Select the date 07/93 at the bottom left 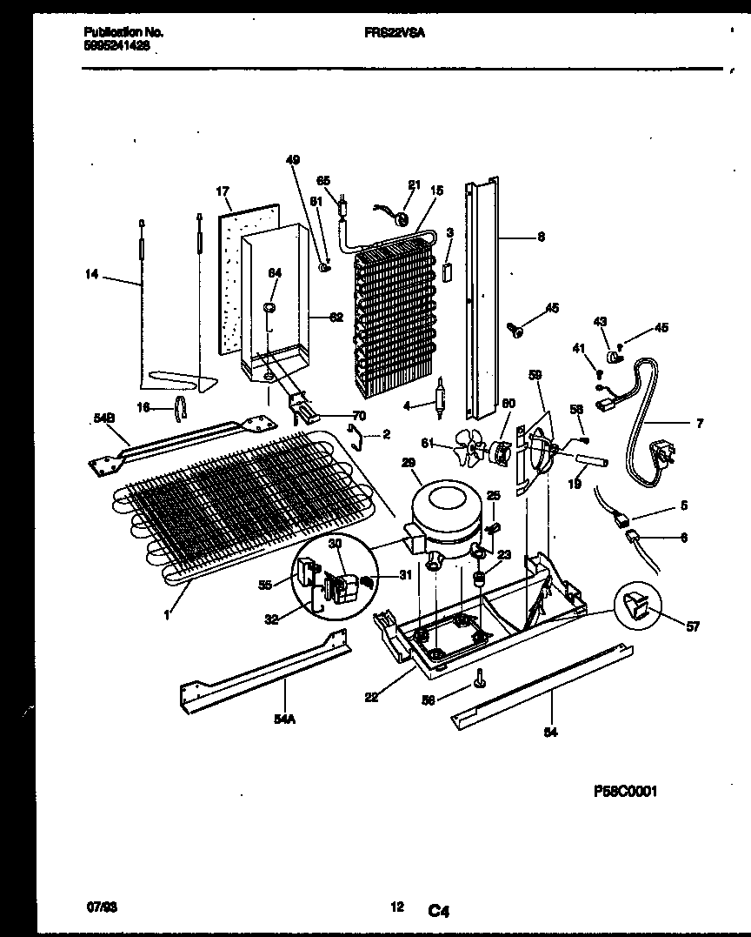[102, 907]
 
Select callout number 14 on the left [91, 276]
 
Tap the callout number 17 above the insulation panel [223, 191]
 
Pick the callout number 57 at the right [692, 626]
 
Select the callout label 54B [103, 418]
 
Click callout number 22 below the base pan [371, 697]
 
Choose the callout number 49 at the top [292, 159]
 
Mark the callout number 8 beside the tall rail [541, 236]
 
